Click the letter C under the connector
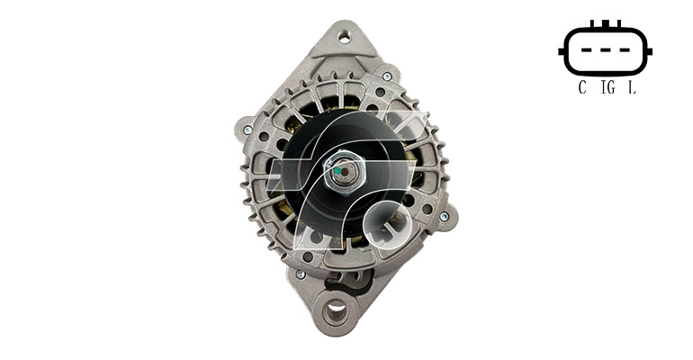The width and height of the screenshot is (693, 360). point(582,88)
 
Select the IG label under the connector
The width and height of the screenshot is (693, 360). point(608,88)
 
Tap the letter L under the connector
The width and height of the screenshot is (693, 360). point(633,88)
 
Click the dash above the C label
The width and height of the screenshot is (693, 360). point(587,50)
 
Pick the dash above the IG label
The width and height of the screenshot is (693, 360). point(606,50)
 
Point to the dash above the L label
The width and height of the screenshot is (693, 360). point(625,50)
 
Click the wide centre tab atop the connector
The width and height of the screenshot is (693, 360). point(606,23)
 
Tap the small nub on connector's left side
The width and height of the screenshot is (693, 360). point(562,51)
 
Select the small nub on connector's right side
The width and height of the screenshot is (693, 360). point(649,51)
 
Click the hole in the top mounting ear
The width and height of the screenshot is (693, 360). point(345,37)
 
